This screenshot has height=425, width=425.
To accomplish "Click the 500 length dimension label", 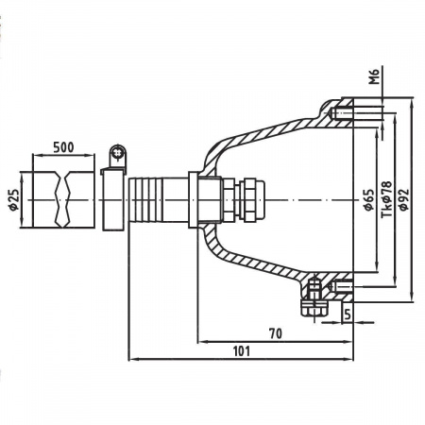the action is click(63, 147).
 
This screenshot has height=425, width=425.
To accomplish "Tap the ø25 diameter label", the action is click(13, 199).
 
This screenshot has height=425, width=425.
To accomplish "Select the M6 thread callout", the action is click(375, 76).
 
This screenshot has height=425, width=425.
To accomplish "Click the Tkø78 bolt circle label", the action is click(386, 199).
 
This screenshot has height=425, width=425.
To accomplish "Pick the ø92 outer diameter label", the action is click(403, 199).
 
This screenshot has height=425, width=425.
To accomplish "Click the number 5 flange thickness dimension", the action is click(347, 314).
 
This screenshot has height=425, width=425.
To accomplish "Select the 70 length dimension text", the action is click(276, 333).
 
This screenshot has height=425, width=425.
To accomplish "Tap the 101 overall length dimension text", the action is click(242, 350).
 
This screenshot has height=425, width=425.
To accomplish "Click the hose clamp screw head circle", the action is click(118, 154).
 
